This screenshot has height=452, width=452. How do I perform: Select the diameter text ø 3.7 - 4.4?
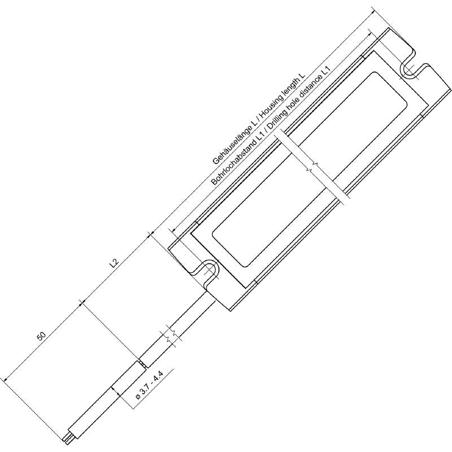[150, 386]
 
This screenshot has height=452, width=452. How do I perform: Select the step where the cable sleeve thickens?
[140, 363]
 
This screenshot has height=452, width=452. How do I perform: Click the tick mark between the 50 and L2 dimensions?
[82, 304]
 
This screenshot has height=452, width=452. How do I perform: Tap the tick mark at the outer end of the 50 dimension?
[5, 381]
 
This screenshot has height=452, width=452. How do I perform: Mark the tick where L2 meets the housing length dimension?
[150, 234]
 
